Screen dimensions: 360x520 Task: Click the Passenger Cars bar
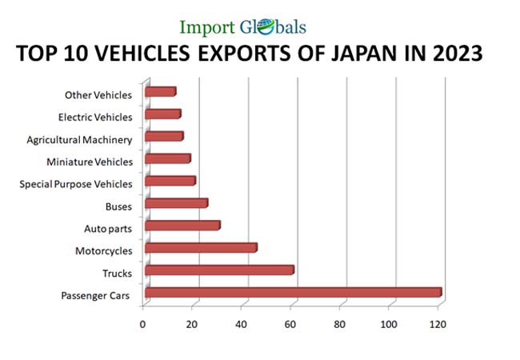point(293,292)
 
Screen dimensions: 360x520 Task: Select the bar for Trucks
point(219,270)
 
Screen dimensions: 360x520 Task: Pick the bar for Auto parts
point(182,226)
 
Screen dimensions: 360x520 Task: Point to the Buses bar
point(176,203)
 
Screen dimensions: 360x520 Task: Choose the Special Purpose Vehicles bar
point(170,181)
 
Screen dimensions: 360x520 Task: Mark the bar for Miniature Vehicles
point(167,158)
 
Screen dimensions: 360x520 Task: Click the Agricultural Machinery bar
point(164,136)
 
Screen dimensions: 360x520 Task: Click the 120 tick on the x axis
point(438,324)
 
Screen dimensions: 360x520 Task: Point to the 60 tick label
point(290,324)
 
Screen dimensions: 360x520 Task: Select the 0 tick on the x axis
point(143,324)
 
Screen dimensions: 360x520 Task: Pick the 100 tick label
point(388,324)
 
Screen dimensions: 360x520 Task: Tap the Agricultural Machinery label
point(79,140)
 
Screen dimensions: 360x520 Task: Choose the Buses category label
point(118,207)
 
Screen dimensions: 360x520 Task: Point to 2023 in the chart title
point(452,55)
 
